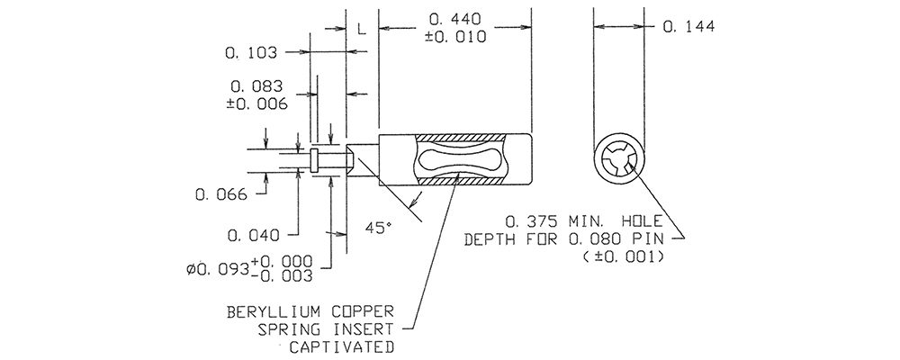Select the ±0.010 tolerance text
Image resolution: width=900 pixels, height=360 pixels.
tap(455, 37)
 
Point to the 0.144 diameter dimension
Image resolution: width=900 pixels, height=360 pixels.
tap(688, 26)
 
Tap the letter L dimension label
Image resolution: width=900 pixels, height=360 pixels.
tap(362, 29)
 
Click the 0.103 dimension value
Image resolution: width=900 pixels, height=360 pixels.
tap(251, 53)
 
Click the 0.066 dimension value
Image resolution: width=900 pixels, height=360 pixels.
tap(221, 194)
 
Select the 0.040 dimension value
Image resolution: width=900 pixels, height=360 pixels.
tap(253, 235)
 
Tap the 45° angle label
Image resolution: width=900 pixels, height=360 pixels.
tap(378, 228)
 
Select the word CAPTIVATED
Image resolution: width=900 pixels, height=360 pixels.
tap(341, 346)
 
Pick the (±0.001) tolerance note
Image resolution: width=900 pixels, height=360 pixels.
tap(624, 256)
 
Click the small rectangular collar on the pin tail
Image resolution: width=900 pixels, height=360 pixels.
tap(314, 159)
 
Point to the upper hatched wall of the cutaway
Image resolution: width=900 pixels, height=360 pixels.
tap(461, 138)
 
